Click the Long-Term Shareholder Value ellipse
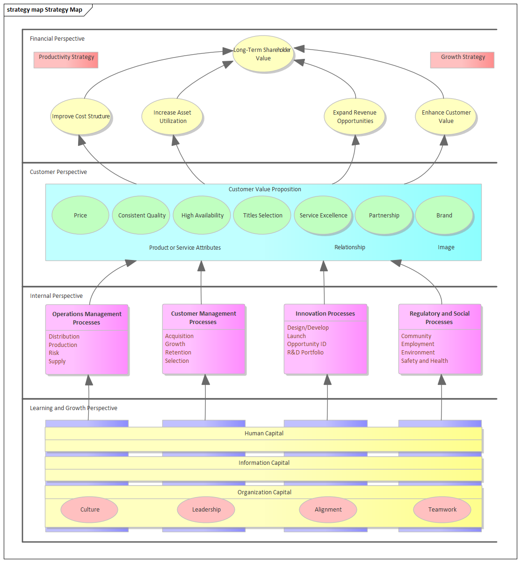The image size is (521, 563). click(263, 54)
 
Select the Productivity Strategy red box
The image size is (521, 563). click(66, 60)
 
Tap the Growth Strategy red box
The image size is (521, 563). click(462, 60)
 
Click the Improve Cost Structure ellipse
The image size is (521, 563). click(81, 116)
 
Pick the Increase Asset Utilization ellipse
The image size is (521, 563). click(172, 116)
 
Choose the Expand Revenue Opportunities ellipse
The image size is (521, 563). click(355, 116)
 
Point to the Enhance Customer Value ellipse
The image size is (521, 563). click(446, 116)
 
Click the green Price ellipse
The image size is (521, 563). click(80, 215)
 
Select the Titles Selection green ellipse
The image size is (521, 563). click(262, 215)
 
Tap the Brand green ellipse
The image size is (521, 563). click(444, 215)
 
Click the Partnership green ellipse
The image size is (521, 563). click(384, 215)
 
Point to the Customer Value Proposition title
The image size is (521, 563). click(265, 189)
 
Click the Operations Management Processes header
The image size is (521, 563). click(87, 318)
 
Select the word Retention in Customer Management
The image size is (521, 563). click(178, 353)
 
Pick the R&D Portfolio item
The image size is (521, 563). click(305, 353)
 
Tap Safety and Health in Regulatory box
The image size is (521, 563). click(424, 361)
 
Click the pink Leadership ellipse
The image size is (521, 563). click(206, 509)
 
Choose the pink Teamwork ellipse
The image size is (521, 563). click(442, 509)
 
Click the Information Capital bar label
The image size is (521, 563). click(264, 463)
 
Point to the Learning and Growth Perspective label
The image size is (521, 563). click(73, 408)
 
